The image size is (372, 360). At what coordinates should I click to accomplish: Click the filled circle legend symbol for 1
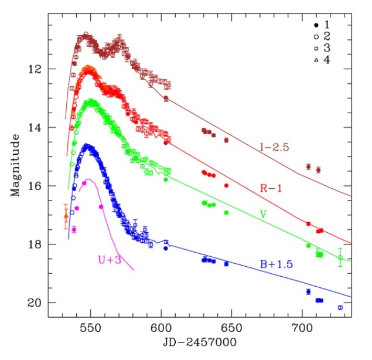click(x=316, y=25)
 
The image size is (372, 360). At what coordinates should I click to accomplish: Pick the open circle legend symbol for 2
click(x=316, y=36)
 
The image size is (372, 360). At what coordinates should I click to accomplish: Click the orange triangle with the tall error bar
click(x=66, y=216)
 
